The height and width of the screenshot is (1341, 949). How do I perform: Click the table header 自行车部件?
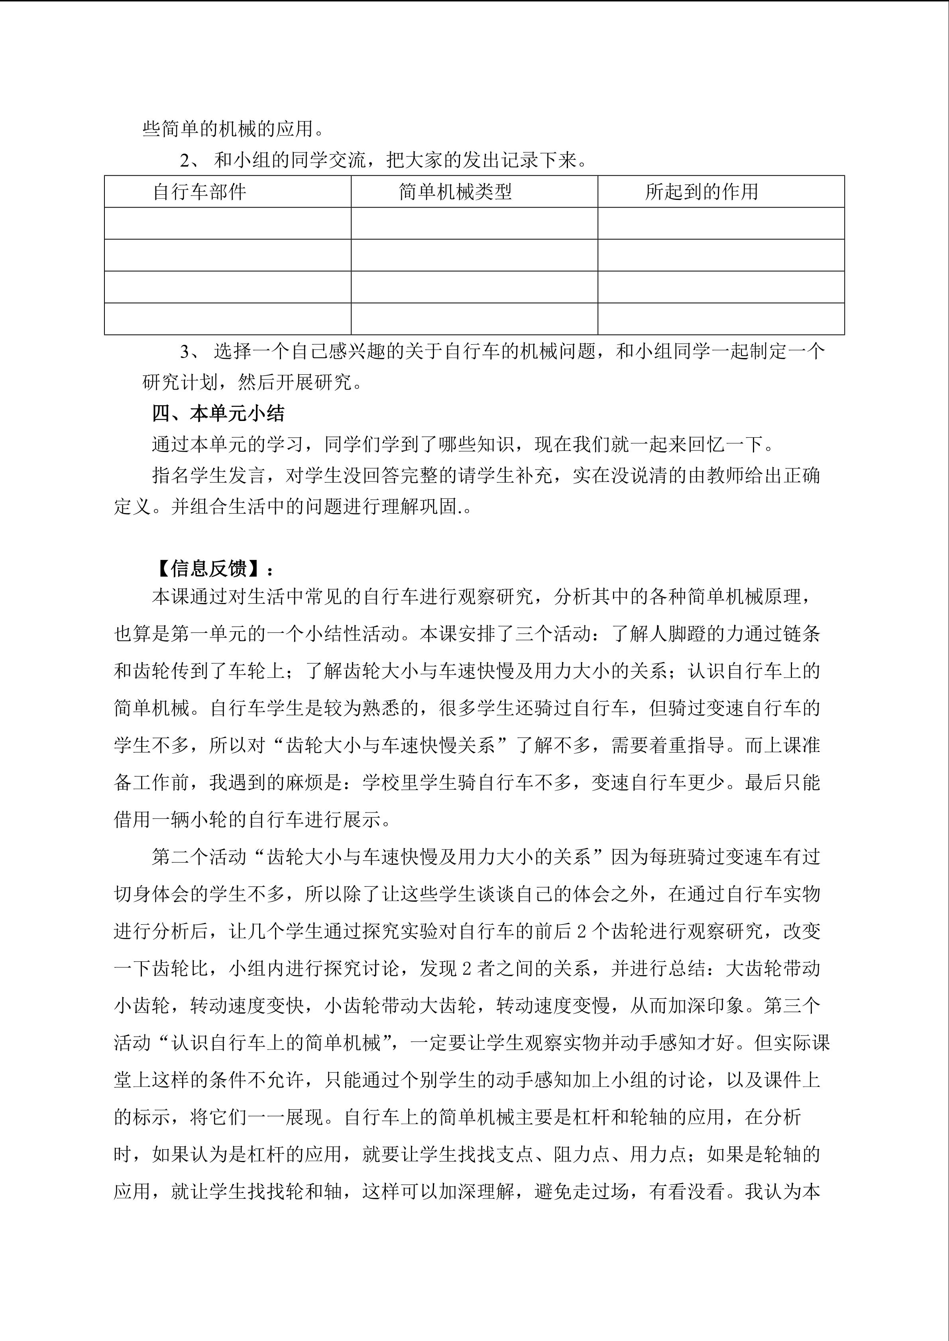[x=199, y=192]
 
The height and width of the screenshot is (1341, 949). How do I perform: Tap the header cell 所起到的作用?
[x=701, y=192]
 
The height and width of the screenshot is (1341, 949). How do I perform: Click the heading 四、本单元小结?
[x=218, y=413]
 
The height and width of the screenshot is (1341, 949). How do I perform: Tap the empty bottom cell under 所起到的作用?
[x=721, y=319]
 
